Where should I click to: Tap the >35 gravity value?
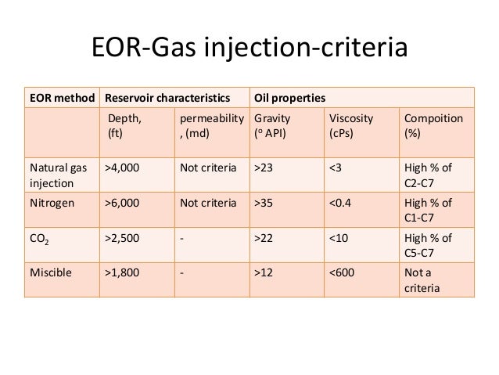pyautogui.click(x=261, y=204)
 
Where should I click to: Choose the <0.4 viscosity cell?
pyautogui.click(x=341, y=204)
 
